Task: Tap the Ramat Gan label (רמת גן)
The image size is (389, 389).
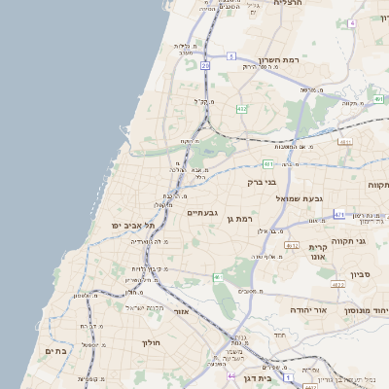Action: [239, 221]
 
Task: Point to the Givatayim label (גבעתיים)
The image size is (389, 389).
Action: [201, 212]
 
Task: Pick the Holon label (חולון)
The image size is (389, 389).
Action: [150, 342]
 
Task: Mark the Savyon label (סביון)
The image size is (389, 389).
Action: [361, 274]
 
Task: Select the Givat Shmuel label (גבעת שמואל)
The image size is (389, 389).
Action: [299, 197]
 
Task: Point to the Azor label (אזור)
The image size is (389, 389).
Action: [181, 311]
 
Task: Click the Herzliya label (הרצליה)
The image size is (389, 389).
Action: [288, 4]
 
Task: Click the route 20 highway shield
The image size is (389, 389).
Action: [205, 65]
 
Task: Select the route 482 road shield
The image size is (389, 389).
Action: [241, 110]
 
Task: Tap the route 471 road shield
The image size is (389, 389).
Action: [338, 213]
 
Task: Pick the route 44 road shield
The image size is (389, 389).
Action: [230, 375]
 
